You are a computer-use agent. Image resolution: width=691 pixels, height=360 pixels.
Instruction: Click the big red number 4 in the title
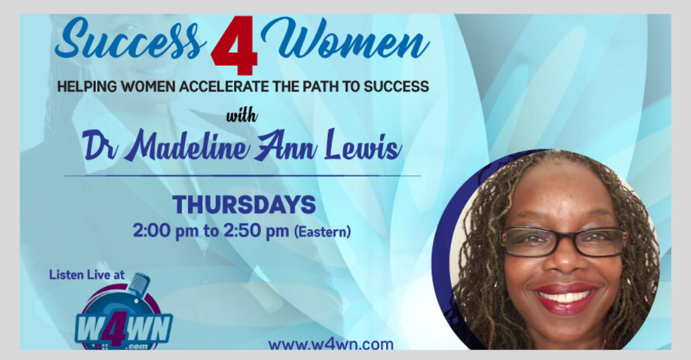[x=235, y=45]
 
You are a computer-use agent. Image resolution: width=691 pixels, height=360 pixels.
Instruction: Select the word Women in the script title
[x=345, y=38]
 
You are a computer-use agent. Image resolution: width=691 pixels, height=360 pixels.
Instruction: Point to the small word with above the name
[x=241, y=116]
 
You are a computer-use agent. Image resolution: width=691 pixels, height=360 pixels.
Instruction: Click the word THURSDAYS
[x=244, y=205]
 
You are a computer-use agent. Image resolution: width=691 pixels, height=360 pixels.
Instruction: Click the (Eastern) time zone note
[x=322, y=232]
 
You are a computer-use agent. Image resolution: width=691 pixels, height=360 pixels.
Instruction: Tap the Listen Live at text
[x=87, y=275]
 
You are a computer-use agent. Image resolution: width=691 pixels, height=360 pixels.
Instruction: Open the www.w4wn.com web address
[x=330, y=344]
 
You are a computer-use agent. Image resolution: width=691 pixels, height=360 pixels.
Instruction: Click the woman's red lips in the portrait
[x=566, y=299]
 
